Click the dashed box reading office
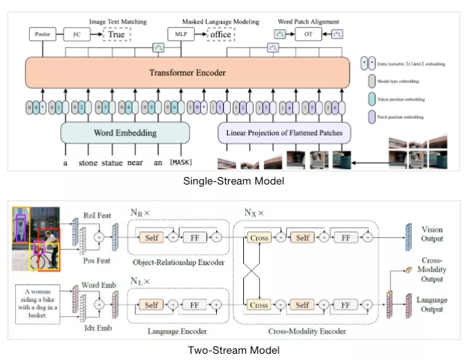221,33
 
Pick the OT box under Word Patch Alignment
308,33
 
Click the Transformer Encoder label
189,72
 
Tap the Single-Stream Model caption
233,181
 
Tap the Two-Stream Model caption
233,350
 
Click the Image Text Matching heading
118,22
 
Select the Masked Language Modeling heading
214,22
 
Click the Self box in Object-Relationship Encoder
151,238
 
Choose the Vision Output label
432,234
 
